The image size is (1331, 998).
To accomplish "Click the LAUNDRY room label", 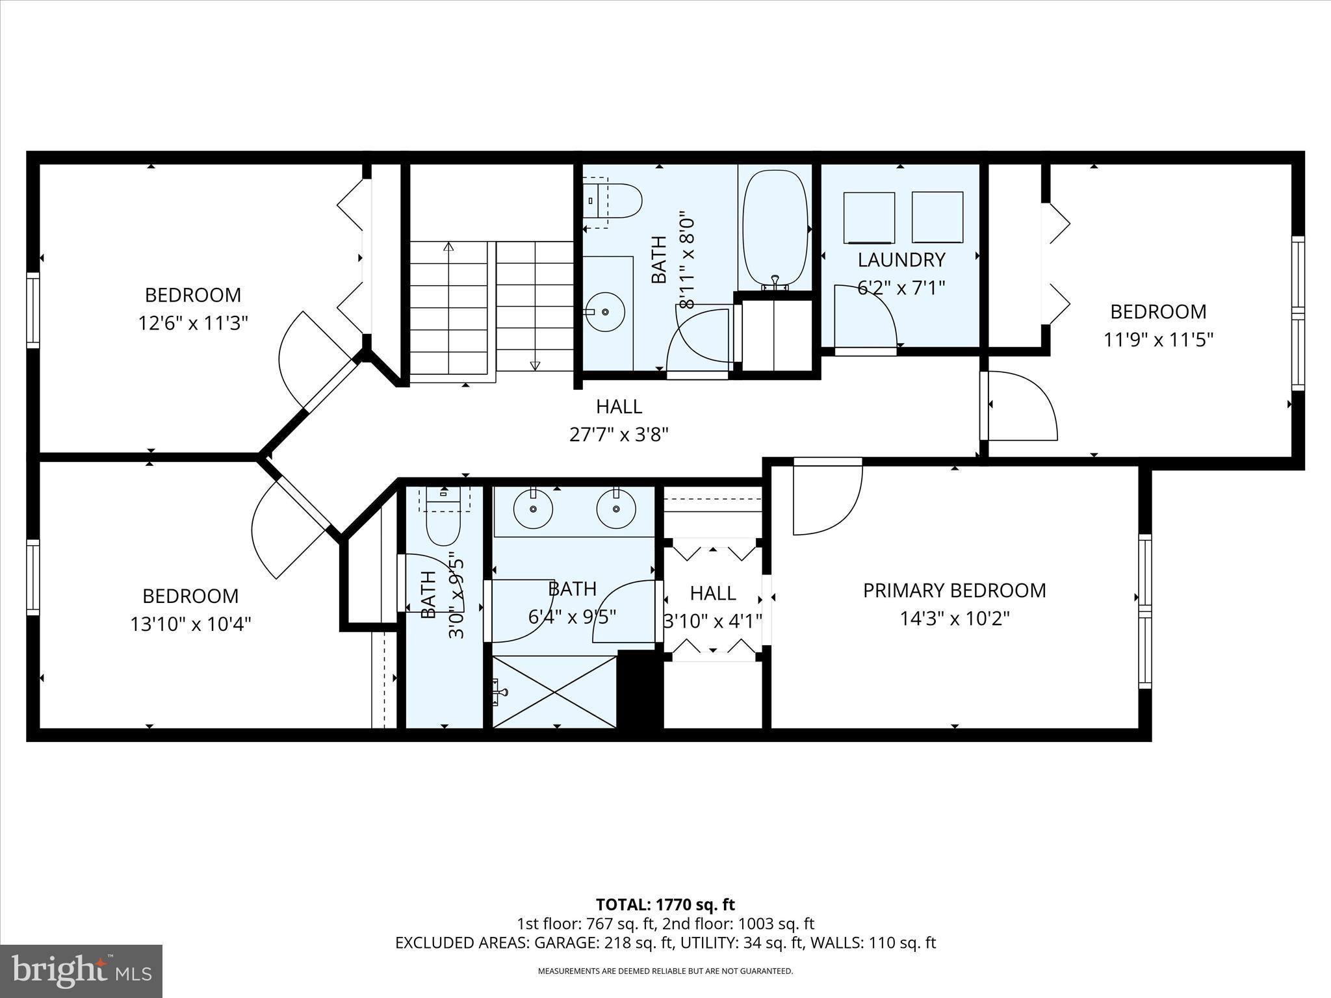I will [901, 260].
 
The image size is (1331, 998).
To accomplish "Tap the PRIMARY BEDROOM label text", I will [954, 591].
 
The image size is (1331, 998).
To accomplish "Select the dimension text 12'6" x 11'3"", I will [193, 323].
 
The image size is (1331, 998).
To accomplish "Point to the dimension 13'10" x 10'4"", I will [190, 624].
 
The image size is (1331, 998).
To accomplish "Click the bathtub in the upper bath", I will [775, 227].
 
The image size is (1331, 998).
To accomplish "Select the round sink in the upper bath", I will [605, 312].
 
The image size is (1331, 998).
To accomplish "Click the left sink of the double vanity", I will [533, 509].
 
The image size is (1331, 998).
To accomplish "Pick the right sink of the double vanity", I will [616, 509].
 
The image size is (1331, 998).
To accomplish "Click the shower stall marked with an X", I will [554, 691].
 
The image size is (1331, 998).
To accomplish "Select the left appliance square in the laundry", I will [869, 218].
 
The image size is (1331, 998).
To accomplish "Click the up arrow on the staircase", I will [448, 247].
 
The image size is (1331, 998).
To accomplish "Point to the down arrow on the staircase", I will [535, 365].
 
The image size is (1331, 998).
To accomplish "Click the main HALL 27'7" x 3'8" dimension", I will [619, 434].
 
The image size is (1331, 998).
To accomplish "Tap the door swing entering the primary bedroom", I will [827, 497].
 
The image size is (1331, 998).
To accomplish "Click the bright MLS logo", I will [81, 971].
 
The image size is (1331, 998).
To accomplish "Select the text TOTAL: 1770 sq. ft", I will [665, 904].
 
